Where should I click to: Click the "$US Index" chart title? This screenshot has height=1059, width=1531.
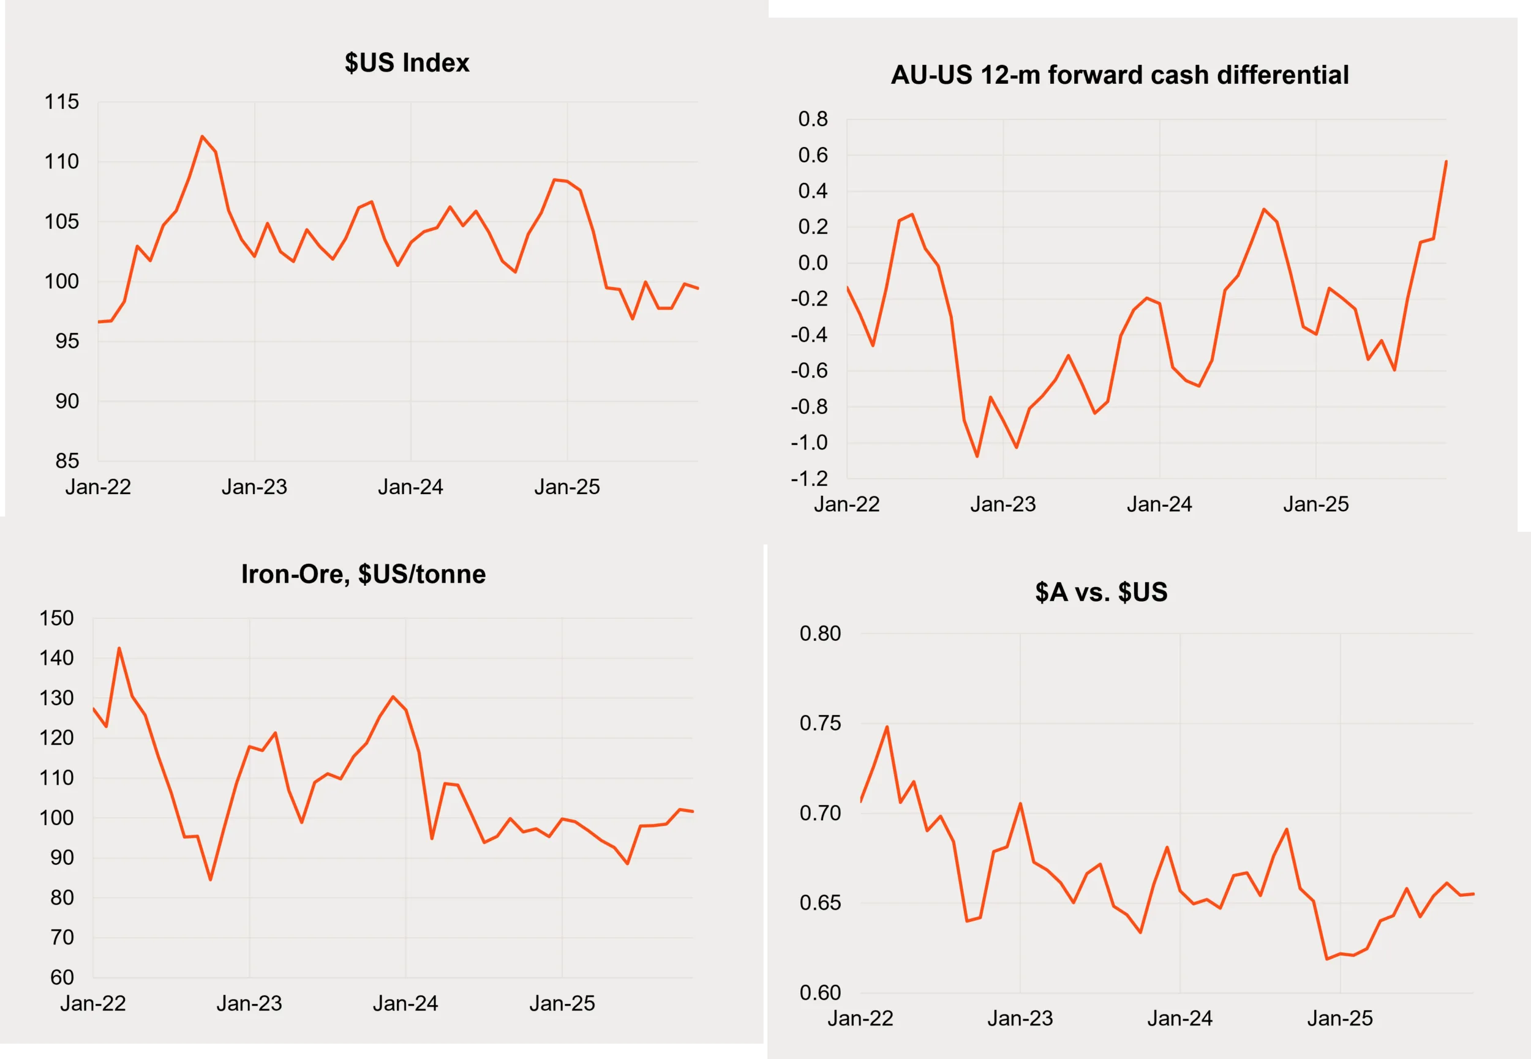coord(407,63)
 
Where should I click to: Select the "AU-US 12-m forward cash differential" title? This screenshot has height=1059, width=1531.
coord(1119,75)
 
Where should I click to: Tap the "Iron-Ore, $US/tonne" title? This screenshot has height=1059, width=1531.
coord(363,574)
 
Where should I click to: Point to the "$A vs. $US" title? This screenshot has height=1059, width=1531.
coord(1101,592)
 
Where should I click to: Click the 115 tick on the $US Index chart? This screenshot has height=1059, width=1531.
coord(62,102)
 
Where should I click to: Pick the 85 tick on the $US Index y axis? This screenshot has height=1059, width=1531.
coord(67,460)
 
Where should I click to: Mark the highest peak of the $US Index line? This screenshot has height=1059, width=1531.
coord(203,137)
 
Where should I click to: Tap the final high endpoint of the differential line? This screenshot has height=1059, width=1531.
coord(1446,161)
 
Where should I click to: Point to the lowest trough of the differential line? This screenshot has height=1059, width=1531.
coord(977,457)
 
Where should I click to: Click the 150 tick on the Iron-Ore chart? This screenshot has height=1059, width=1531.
coord(56,618)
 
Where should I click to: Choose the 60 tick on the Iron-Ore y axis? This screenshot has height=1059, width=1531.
coord(62,977)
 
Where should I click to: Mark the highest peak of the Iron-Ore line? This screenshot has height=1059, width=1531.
coord(119,648)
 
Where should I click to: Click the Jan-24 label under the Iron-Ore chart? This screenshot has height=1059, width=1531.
coord(405,1003)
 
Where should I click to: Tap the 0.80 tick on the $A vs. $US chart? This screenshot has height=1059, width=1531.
coord(820,633)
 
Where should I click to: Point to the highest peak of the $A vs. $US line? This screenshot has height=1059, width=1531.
coord(887,727)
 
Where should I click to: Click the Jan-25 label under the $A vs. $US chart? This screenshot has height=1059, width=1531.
coord(1339,1018)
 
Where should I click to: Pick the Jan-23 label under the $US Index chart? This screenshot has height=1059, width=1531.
coord(254,487)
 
